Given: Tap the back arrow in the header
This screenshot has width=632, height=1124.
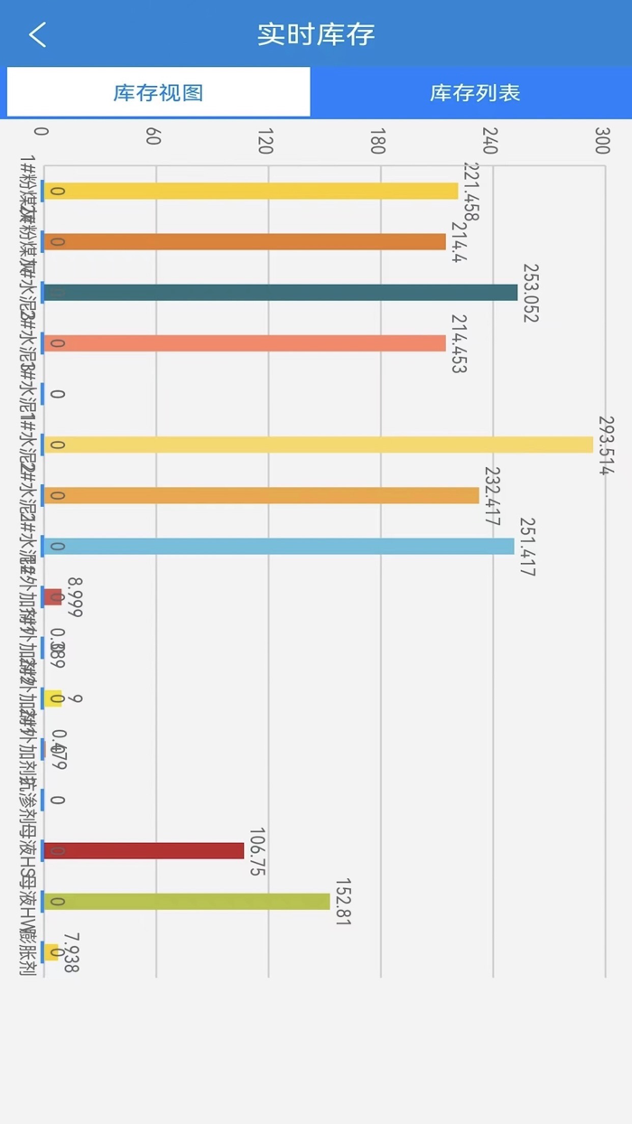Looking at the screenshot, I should pyautogui.click(x=37, y=35).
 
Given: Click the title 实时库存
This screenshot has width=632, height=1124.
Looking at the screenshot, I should pyautogui.click(x=316, y=34).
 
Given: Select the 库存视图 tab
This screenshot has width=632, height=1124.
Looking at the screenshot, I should pyautogui.click(x=158, y=92).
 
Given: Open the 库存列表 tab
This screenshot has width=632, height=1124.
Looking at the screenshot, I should pyautogui.click(x=475, y=92).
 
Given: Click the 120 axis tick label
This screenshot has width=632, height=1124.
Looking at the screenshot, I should pyautogui.click(x=265, y=140).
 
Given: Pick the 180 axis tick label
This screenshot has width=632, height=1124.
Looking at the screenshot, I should pyautogui.click(x=377, y=140).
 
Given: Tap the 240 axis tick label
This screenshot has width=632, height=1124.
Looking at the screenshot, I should pyautogui.click(x=490, y=140).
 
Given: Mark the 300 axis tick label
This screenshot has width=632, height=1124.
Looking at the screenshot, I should pyautogui.click(x=602, y=140).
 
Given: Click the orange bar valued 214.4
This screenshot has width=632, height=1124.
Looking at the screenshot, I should pyautogui.click(x=245, y=242).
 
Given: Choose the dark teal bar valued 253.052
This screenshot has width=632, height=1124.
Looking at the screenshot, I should pyautogui.click(x=281, y=293).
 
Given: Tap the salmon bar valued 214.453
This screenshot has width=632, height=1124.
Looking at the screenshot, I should pyautogui.click(x=245, y=343).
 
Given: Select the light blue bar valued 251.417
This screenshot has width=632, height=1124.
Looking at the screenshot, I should pyautogui.click(x=279, y=547).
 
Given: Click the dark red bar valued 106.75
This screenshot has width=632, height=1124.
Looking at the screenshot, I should pyautogui.click(x=144, y=851).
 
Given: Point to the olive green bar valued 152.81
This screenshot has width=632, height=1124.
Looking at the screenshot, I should pyautogui.click(x=186, y=902).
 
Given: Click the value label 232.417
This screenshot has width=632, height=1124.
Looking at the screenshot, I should pyautogui.click(x=492, y=496).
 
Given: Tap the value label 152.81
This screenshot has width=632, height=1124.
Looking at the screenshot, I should pyautogui.click(x=343, y=902).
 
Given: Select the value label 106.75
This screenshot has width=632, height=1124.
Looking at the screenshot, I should pyautogui.click(x=257, y=851).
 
